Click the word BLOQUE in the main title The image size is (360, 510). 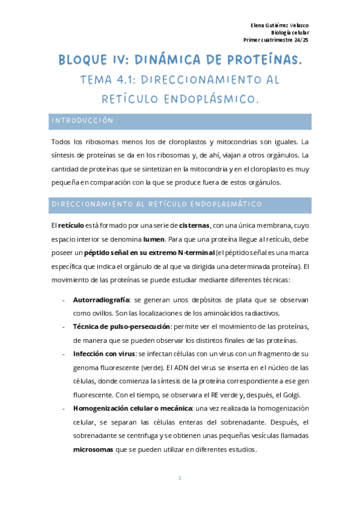tap(84, 61)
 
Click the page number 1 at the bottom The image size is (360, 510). tap(180, 478)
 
